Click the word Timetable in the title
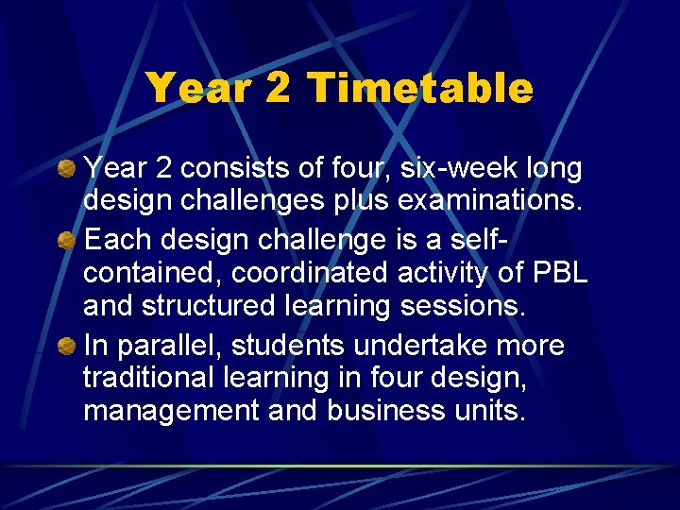420,89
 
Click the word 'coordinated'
309,274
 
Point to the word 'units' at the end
497,412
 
